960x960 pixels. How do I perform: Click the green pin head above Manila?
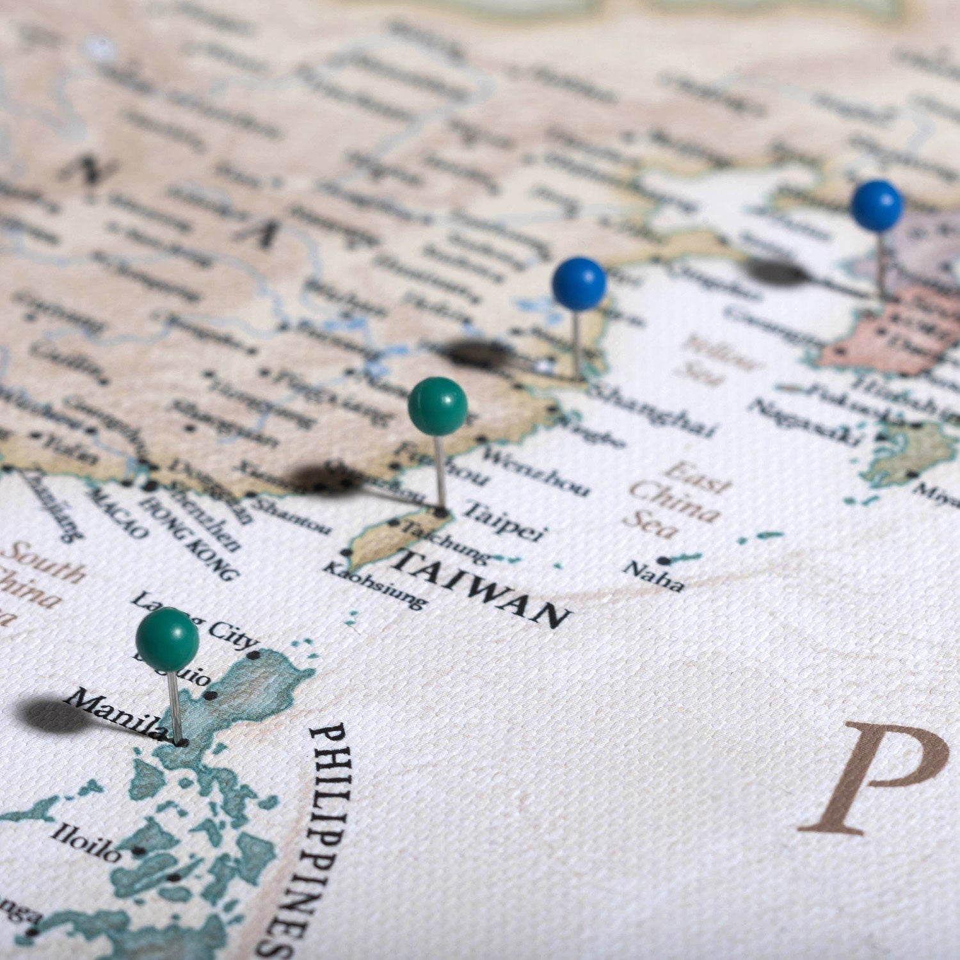(x=167, y=639)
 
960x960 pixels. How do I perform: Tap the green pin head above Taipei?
(x=438, y=406)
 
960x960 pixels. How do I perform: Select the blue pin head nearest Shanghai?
(x=579, y=284)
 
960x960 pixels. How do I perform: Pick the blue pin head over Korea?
(x=877, y=205)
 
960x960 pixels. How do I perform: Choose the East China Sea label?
(x=678, y=499)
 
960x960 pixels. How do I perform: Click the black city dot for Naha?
(x=663, y=561)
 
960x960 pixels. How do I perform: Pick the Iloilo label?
(x=86, y=841)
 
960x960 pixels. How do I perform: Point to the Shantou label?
(x=291, y=515)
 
